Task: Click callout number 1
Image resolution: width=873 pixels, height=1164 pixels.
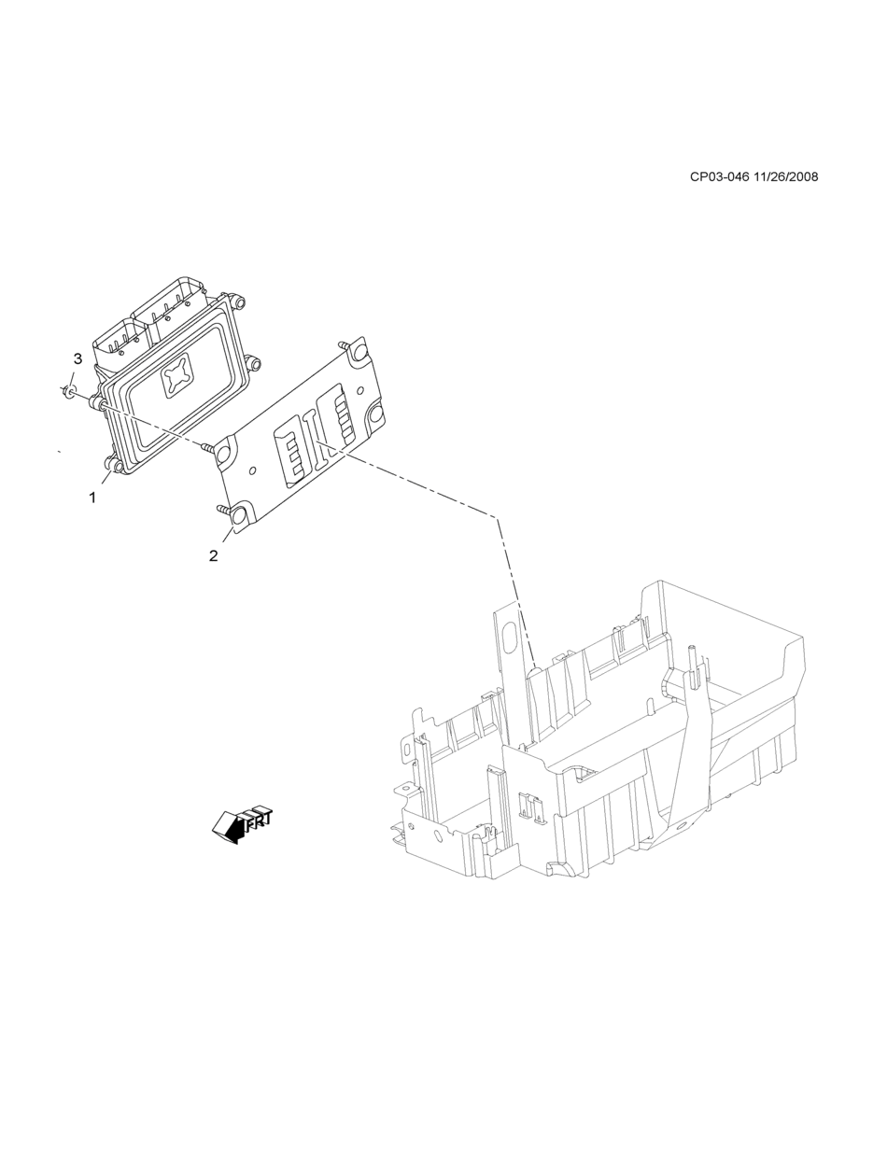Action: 92,498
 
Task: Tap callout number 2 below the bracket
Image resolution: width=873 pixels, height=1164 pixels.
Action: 214,555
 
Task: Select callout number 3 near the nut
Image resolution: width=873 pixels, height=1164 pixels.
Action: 77,358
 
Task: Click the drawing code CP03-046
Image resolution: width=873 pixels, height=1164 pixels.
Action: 719,176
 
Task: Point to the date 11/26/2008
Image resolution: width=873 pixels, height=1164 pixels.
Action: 785,176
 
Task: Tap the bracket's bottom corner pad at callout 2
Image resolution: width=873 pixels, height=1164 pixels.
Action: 239,516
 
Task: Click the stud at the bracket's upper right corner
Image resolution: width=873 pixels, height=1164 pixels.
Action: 347,346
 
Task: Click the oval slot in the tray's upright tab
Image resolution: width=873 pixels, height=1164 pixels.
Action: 509,638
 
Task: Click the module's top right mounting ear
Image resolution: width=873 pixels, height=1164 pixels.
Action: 240,302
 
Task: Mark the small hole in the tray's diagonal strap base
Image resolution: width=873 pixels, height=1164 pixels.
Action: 682,825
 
